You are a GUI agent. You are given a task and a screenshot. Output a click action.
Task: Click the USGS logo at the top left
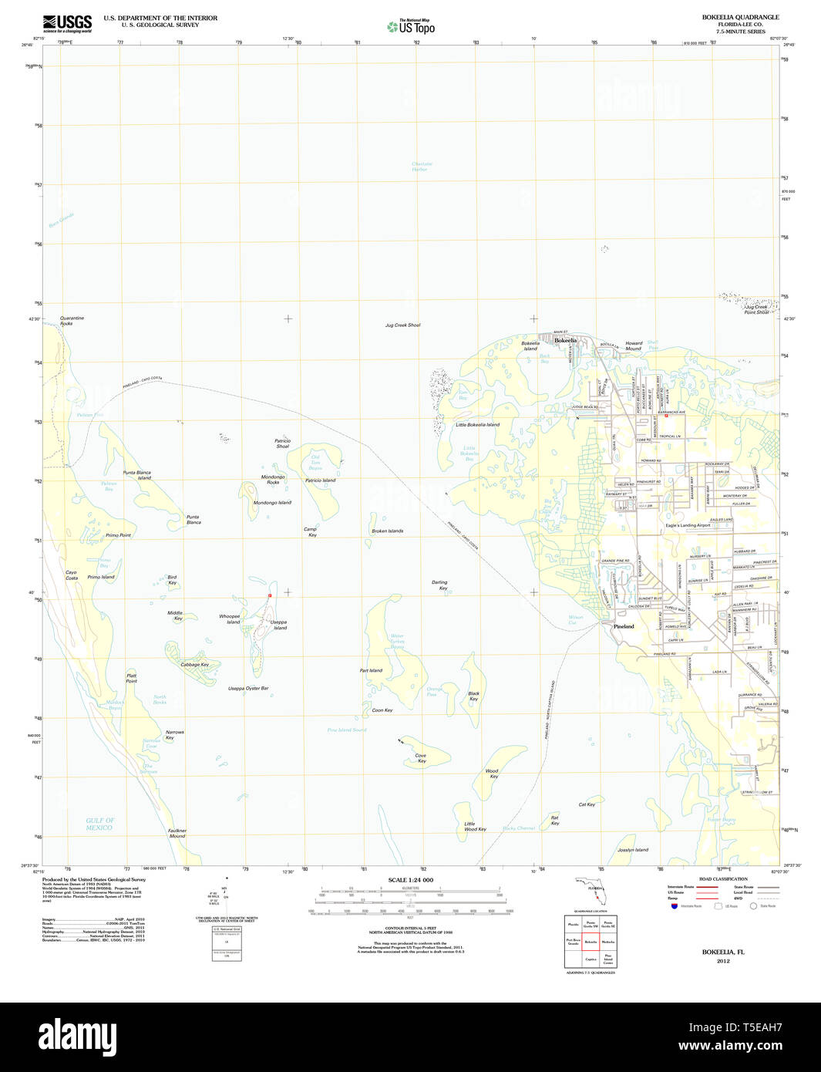point(67,24)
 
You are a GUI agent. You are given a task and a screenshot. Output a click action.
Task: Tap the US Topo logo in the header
point(412,26)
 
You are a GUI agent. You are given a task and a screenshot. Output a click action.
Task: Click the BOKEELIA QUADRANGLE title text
point(740,17)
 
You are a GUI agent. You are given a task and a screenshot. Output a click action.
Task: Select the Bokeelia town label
point(565,340)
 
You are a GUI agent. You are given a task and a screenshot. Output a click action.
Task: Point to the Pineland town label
point(624,626)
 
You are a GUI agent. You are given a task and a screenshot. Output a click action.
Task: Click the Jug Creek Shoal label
point(402,325)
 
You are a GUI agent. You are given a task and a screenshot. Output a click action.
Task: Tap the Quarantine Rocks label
point(72,321)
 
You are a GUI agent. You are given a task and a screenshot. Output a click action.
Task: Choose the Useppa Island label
point(278,625)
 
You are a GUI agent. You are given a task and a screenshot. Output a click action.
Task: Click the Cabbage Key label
point(194,664)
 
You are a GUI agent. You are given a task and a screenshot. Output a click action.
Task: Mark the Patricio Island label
point(320,480)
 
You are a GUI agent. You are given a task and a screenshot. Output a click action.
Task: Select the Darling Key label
point(439,585)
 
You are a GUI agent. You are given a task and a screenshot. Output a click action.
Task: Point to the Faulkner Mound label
point(177,833)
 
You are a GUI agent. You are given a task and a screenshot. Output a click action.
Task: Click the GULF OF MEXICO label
point(99,824)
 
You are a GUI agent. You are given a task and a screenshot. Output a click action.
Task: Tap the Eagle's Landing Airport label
point(688,525)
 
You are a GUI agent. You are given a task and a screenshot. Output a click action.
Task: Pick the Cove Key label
point(421,758)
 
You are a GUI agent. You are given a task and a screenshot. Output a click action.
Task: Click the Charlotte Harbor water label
point(422,167)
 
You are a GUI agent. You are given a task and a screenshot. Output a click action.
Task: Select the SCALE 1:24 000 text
point(410,880)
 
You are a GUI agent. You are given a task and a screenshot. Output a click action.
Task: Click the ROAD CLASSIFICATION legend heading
point(722,879)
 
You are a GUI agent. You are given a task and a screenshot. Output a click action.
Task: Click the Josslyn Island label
point(632,850)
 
